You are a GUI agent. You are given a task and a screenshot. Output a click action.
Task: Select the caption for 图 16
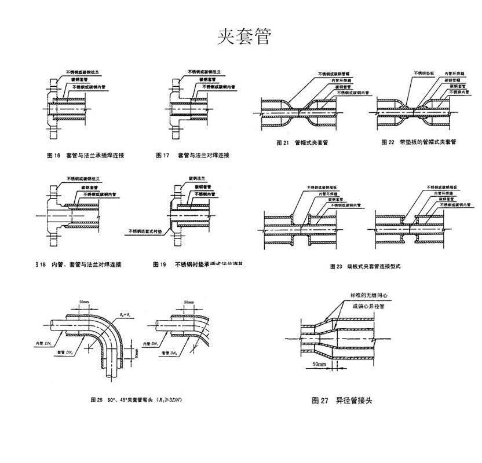point(86,156)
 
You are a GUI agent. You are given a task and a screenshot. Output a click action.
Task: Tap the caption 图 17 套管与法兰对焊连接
point(193,156)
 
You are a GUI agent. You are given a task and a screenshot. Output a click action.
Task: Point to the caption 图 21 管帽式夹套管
point(303,142)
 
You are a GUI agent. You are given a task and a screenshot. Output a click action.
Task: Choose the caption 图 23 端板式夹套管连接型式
point(365,267)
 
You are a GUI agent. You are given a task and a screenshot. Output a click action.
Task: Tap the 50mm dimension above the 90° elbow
point(85,302)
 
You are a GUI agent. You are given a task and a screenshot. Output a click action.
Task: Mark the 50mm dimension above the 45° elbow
point(188,302)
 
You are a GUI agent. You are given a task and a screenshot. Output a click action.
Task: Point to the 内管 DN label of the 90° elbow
point(44,343)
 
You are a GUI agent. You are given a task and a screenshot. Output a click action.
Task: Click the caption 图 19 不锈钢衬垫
point(197,264)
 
